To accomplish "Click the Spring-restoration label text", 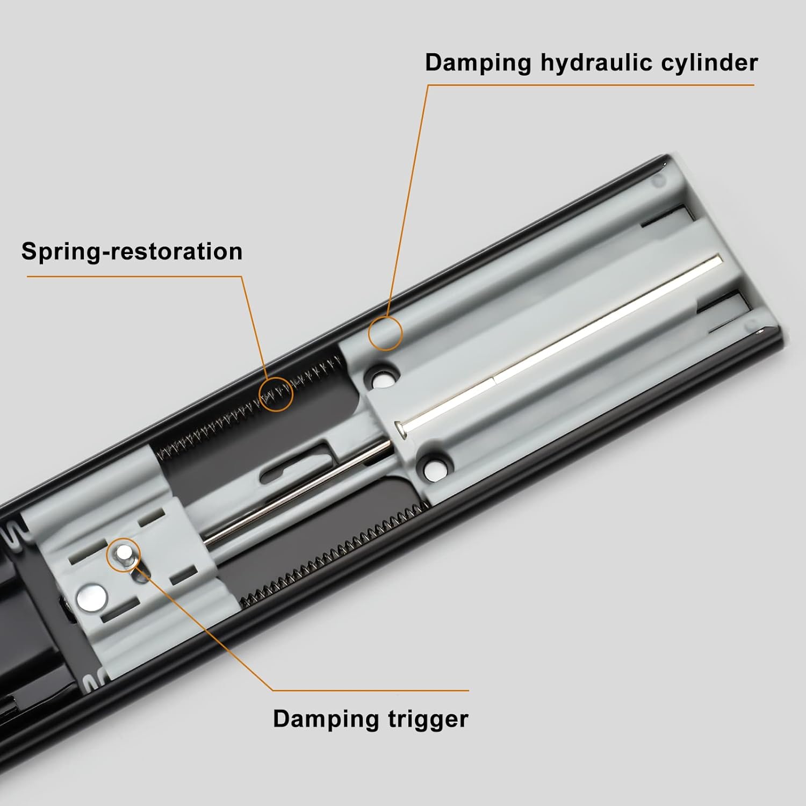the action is coord(132,252).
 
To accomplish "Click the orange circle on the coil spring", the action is coord(276,394).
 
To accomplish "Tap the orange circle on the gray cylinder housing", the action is coord(385,333).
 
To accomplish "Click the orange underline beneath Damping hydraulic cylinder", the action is coord(591,85).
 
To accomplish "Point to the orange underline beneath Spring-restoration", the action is coord(134,277).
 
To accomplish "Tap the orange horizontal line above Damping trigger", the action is coord(371,690).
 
